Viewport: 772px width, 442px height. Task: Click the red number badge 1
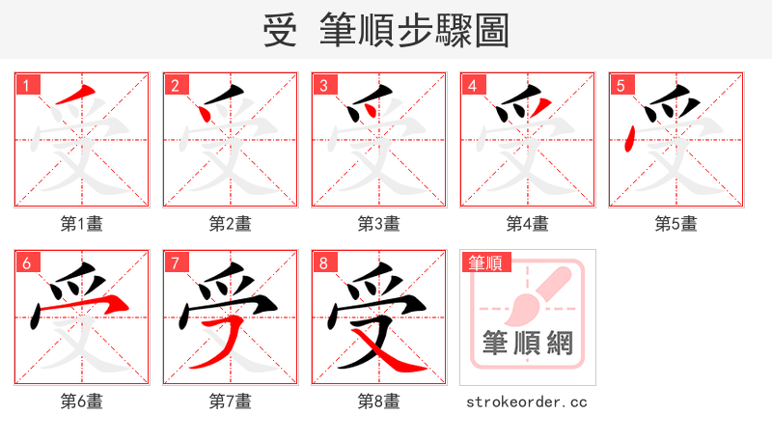pyautogui.click(x=26, y=85)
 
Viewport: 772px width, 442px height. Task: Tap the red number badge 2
pyautogui.click(x=175, y=85)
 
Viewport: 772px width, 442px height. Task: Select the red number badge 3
pyautogui.click(x=323, y=85)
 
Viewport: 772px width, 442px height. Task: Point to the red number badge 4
pyautogui.click(x=472, y=85)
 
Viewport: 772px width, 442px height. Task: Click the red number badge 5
pyautogui.click(x=620, y=85)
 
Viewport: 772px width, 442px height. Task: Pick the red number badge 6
pyautogui.click(x=26, y=262)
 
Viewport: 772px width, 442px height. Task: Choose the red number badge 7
pyautogui.click(x=175, y=262)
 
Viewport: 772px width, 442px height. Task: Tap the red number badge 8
pyautogui.click(x=323, y=262)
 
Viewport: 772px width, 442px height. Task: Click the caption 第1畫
pyautogui.click(x=82, y=224)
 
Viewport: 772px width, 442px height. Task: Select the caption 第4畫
pyautogui.click(x=528, y=224)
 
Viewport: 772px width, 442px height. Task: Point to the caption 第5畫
pyautogui.click(x=676, y=224)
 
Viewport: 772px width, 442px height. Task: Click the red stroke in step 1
pyautogui.click(x=77, y=97)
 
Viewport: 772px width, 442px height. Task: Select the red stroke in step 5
pyautogui.click(x=629, y=142)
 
